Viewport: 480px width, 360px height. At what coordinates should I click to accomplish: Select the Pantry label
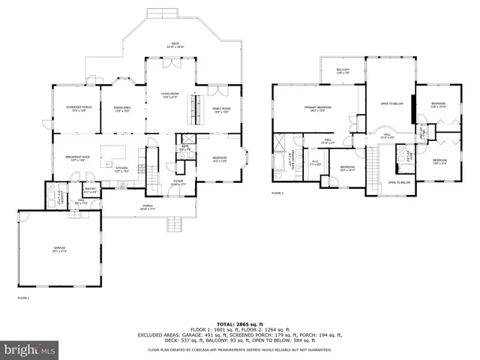tap(89, 190)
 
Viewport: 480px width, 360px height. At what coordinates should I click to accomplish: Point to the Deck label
tap(175, 45)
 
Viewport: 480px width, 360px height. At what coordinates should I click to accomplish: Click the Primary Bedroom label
tap(318, 109)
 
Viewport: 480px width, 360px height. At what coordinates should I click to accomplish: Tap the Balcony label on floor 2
tap(343, 70)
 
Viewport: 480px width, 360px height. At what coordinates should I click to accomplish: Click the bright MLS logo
tap(29, 349)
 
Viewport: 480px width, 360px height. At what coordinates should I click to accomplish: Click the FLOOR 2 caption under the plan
tap(278, 193)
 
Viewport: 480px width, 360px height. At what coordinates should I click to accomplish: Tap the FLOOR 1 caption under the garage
tap(22, 298)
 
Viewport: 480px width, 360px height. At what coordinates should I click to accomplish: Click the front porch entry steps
tap(178, 224)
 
